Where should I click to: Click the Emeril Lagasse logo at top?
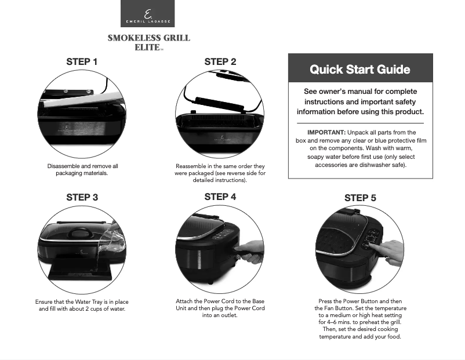click(x=147, y=14)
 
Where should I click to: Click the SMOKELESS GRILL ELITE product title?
click(x=148, y=42)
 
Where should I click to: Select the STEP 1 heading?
click(x=82, y=61)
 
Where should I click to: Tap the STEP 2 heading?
click(x=220, y=61)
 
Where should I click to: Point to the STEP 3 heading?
click(x=82, y=197)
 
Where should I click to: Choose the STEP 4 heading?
click(x=220, y=197)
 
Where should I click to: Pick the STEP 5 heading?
click(x=360, y=198)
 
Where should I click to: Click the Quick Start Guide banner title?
click(x=360, y=70)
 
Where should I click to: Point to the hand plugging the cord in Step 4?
click(x=250, y=250)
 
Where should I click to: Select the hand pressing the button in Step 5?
click(x=390, y=250)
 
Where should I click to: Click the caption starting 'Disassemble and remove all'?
click(x=82, y=169)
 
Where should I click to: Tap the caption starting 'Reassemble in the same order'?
click(x=220, y=173)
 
